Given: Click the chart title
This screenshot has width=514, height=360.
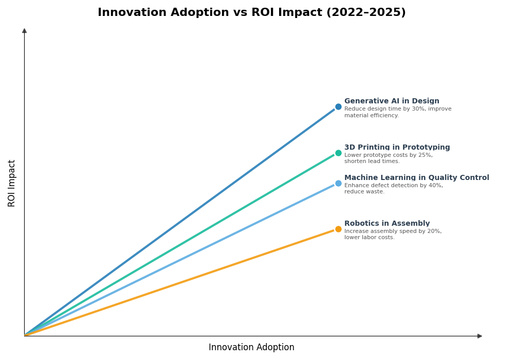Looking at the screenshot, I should click(x=251, y=13).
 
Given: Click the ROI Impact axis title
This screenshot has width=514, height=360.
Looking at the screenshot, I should click(x=12, y=183).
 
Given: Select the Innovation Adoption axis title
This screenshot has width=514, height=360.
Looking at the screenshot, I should click(x=251, y=348).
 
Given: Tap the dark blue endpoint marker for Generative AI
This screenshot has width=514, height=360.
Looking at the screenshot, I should click(x=338, y=107).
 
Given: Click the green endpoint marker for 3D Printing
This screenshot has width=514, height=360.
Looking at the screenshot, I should click(x=338, y=153).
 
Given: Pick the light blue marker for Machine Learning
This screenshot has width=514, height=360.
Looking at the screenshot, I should click(x=338, y=183).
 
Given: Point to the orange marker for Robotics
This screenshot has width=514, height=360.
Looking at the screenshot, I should click(x=338, y=229).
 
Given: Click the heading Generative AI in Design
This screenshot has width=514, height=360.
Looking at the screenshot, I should click(x=392, y=101).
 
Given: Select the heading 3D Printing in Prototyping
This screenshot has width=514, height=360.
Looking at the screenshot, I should click(x=397, y=148).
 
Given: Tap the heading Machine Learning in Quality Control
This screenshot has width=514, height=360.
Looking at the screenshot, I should click(x=416, y=178).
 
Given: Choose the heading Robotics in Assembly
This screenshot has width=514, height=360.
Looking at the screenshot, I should click(x=387, y=224).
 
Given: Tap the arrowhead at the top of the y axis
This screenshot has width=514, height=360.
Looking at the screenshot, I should click(x=24, y=31).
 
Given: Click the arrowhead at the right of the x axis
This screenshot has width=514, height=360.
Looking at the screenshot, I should click(x=480, y=336).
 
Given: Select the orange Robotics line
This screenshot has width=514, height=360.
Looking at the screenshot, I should click(x=180, y=283).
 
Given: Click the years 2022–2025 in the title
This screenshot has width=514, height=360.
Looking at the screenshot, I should click(x=365, y=13).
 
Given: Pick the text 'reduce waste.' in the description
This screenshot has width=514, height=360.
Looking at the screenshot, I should click(x=364, y=192).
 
